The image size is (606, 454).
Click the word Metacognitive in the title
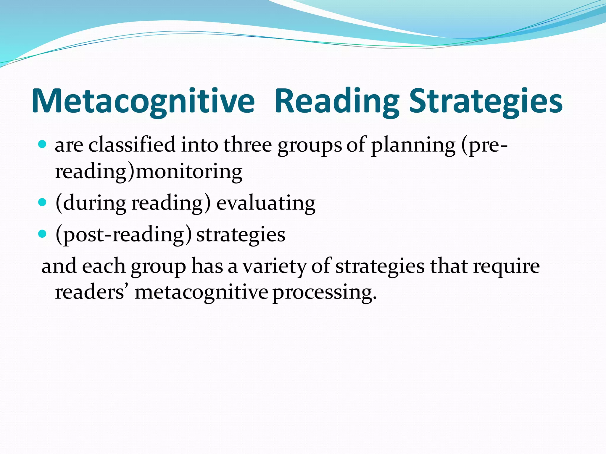(x=143, y=101)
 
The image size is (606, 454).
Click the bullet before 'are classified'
(x=43, y=145)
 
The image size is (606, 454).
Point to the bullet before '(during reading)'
(x=43, y=202)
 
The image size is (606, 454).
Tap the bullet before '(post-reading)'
(x=43, y=234)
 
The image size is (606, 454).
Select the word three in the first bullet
(x=247, y=145)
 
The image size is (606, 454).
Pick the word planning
(x=413, y=145)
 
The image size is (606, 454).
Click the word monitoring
(x=189, y=171)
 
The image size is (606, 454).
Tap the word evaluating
(x=266, y=203)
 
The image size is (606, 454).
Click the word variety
(x=274, y=266)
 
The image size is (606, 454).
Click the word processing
(x=324, y=293)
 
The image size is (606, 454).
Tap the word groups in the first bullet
(x=310, y=145)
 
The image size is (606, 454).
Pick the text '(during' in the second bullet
(x=91, y=203)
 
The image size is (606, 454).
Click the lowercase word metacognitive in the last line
(x=201, y=293)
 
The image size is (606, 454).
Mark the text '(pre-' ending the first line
(x=484, y=145)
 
